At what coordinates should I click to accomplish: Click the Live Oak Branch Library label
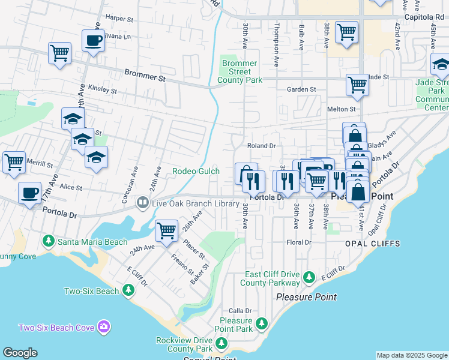[195, 204]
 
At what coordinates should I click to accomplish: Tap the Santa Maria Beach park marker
[49, 241]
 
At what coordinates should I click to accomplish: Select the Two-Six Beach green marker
[128, 291]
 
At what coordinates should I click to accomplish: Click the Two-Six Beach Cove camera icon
[104, 327]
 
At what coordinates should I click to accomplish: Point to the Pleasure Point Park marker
[261, 324]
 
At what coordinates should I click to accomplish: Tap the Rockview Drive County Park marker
[221, 343]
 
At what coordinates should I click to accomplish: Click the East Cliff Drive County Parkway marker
[309, 277]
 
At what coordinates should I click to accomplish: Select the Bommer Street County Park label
[240, 71]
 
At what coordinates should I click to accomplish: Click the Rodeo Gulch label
[196, 171]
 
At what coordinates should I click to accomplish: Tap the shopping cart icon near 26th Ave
[166, 229]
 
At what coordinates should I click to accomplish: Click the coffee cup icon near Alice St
[29, 193]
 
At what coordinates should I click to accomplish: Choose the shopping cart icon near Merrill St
[13, 161]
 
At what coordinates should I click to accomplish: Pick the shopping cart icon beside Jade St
[357, 84]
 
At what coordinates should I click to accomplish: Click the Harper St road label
[118, 19]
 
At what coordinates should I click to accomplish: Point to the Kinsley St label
[102, 90]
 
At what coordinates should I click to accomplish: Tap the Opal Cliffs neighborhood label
[372, 244]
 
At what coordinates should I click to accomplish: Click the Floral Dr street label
[299, 242]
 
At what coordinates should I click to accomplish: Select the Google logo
[20, 353]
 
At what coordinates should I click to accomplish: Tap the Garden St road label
[301, 89]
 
